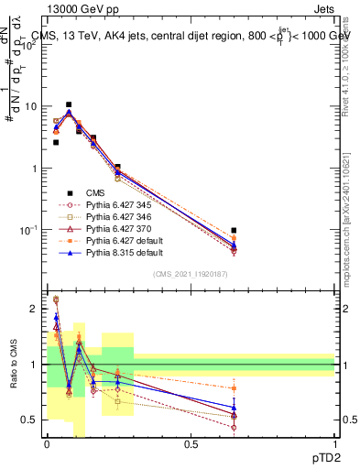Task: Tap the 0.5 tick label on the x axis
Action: point(190,443)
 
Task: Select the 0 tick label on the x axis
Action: point(46,443)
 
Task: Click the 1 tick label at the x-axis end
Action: point(333,443)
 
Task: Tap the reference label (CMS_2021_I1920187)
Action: point(190,275)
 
